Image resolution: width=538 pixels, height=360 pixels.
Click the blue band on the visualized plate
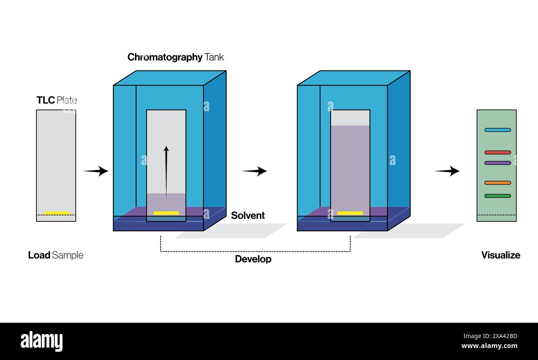(497, 130)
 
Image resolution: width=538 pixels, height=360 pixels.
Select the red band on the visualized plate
(497, 152)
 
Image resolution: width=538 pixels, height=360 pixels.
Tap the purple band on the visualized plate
(497, 163)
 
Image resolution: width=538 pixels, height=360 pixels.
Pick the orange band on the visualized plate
(497, 182)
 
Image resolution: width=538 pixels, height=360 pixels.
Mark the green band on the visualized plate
(497, 196)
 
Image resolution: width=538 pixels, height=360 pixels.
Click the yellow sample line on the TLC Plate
(57, 213)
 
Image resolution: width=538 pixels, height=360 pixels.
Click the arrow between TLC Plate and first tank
(96, 171)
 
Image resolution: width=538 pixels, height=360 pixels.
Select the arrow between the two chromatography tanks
(254, 171)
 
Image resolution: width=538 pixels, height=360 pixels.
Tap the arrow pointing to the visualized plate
(447, 171)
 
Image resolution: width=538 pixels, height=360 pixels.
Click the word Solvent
(248, 216)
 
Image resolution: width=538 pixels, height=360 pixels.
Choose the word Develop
(253, 259)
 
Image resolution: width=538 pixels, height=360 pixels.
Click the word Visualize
(500, 255)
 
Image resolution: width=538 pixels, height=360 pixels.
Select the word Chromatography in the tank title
(165, 57)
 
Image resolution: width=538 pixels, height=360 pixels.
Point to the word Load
(39, 255)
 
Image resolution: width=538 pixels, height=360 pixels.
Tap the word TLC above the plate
(46, 100)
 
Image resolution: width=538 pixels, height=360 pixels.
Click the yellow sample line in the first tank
(166, 213)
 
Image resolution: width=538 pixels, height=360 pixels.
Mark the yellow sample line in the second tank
(350, 213)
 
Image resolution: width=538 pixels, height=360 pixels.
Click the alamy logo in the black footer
(41, 341)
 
